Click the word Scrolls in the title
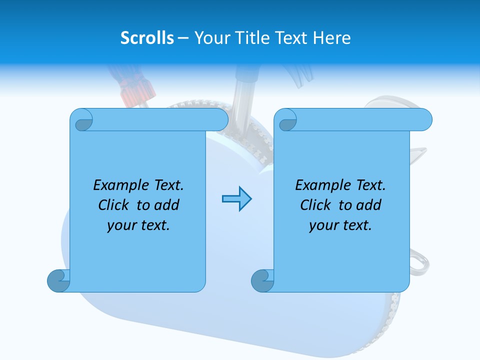[x=147, y=38]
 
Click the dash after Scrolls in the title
[x=183, y=38]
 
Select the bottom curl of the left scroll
[x=58, y=280]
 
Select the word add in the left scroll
[x=166, y=205]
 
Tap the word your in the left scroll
[x=120, y=225]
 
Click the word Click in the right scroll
[x=315, y=205]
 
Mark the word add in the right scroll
[x=368, y=205]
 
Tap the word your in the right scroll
[x=322, y=225]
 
